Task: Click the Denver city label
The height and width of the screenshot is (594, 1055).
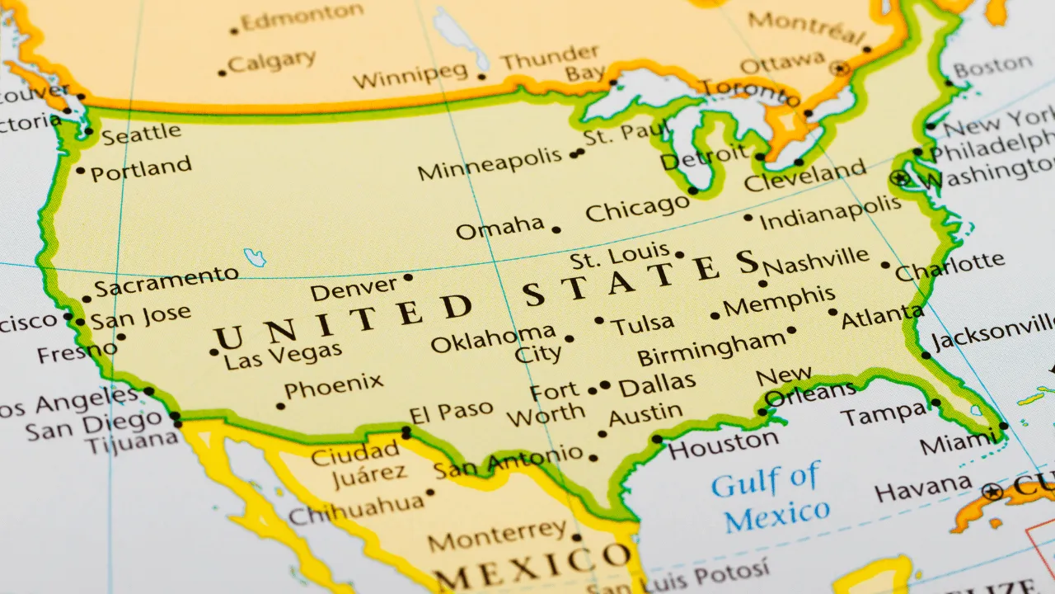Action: pos(354,290)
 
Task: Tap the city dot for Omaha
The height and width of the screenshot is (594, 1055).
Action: pos(556,230)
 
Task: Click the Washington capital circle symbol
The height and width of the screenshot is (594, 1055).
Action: pos(900,177)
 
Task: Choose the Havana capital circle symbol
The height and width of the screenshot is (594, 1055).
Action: pos(992,493)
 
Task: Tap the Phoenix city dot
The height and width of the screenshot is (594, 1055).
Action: pos(281,406)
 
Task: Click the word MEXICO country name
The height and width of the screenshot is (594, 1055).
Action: pos(531,565)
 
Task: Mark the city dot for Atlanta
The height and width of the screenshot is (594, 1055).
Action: pos(833,313)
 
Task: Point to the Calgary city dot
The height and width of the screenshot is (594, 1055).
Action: pos(222,73)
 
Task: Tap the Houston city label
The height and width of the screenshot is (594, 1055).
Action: pos(722,444)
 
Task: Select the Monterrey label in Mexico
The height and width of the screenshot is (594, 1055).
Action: pos(497,535)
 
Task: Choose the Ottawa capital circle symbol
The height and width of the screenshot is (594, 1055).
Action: pos(840,68)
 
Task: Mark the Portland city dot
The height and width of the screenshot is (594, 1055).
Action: pos(80,171)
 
